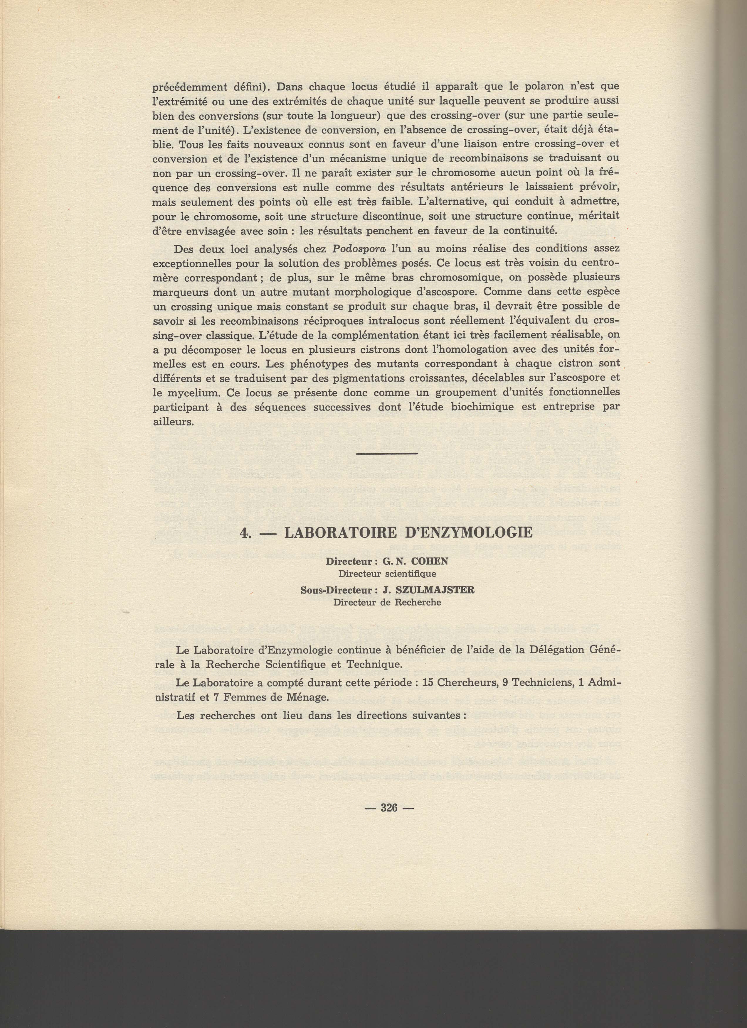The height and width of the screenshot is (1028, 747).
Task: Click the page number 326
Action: coord(389,807)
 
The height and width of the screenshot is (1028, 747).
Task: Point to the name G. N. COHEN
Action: coord(415,561)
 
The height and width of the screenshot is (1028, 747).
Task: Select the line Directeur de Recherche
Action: coord(387,602)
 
